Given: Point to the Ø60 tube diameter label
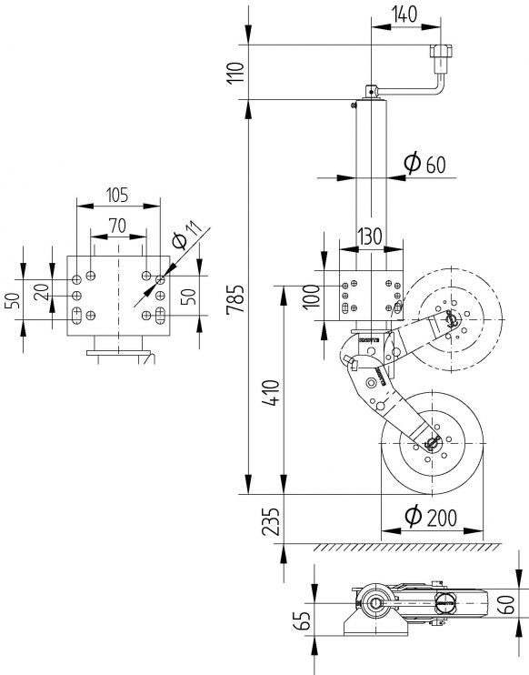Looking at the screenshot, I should tap(424, 163).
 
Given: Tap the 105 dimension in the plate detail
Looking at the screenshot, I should tap(116, 195).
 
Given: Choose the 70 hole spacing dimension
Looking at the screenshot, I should tap(116, 224).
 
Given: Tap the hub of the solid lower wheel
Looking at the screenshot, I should tap(432, 444).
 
